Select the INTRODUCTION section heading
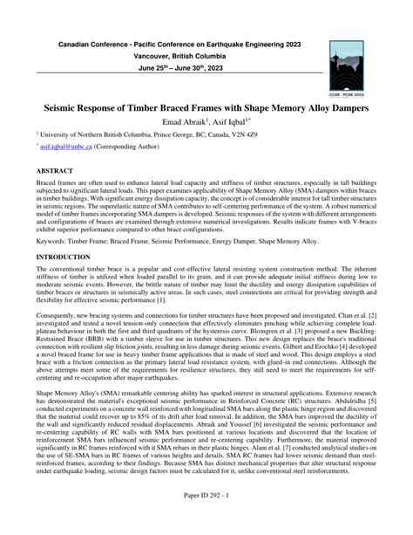[66, 257]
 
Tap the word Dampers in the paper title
[343, 106]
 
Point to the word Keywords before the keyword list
[53, 239]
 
